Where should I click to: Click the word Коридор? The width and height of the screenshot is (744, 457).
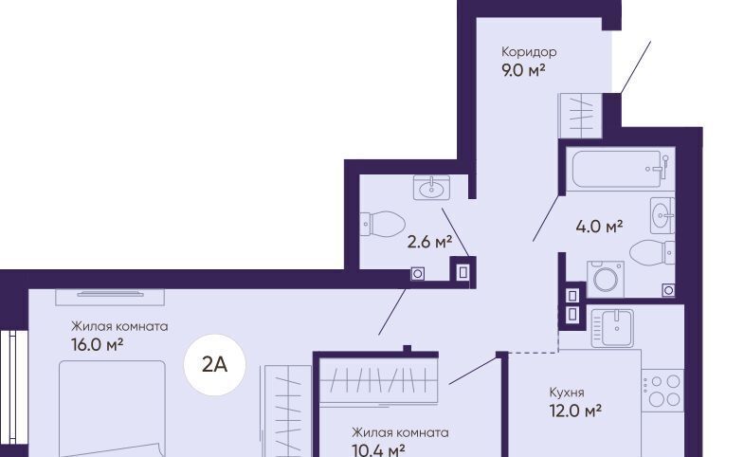point(529,52)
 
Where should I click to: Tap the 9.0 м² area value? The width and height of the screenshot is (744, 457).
point(523,70)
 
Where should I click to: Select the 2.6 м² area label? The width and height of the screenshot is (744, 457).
point(429,242)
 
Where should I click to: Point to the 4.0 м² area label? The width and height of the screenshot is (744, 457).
point(599,227)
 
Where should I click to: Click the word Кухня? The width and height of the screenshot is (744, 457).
point(567,393)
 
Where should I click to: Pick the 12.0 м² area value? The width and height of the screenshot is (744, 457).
point(575,411)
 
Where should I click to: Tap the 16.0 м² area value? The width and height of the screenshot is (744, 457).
point(98,344)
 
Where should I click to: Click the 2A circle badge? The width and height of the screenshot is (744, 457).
point(214,364)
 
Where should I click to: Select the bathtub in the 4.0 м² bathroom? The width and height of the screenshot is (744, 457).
point(620,169)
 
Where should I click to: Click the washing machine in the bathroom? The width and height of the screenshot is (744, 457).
point(606,279)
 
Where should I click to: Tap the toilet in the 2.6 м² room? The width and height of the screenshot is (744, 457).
point(383,224)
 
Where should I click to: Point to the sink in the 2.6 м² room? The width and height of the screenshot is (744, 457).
point(431,187)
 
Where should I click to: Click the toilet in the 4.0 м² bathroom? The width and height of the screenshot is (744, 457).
point(652,252)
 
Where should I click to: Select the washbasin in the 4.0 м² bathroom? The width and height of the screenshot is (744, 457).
point(662,215)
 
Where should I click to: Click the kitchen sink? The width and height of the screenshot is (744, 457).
point(612,327)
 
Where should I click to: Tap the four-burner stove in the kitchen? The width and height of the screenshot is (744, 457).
point(662,390)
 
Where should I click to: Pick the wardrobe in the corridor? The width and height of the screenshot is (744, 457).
point(581,116)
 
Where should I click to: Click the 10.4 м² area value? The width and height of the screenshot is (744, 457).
point(378,449)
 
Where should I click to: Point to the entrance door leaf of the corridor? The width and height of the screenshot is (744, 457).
point(635,67)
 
